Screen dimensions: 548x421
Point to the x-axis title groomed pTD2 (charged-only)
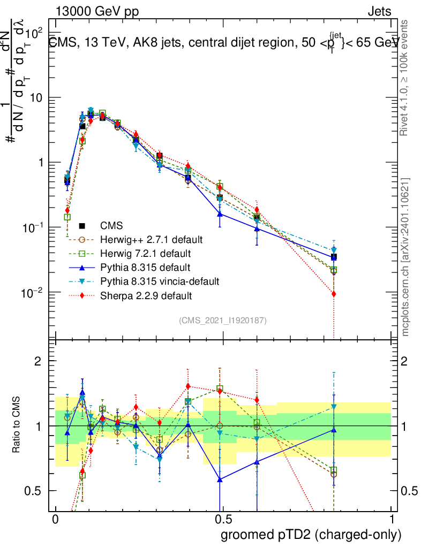click(x=311, y=535)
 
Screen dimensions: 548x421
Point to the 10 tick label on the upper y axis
click(x=37, y=98)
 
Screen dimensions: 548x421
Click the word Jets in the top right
click(x=379, y=12)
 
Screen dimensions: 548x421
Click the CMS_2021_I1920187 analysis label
click(x=223, y=320)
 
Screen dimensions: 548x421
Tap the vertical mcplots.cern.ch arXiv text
click(x=406, y=257)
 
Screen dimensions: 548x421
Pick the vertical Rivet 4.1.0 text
click(x=406, y=78)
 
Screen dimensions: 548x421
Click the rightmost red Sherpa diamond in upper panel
click(x=334, y=294)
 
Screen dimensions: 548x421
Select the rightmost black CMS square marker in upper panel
click(x=334, y=257)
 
